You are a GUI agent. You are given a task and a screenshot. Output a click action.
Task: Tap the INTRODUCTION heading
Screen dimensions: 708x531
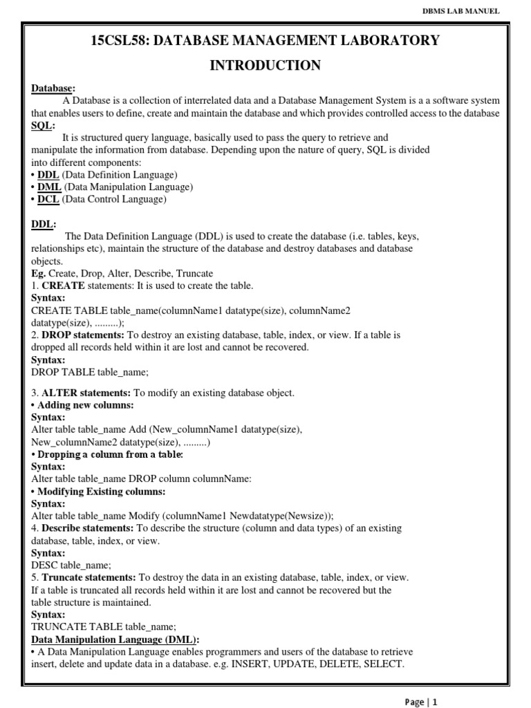(265, 66)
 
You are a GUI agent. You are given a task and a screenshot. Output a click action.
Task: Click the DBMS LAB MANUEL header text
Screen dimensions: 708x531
(462, 10)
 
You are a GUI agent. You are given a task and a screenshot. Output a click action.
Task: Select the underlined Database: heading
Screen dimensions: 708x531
(53, 88)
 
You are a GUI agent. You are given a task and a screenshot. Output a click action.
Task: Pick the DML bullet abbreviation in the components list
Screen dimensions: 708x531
(49, 187)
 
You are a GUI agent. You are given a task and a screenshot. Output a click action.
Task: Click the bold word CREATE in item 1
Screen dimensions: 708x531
(63, 286)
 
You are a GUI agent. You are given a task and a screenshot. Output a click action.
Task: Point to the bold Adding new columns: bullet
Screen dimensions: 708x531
(85, 405)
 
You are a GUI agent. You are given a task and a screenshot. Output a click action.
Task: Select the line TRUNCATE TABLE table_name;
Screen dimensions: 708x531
(99, 626)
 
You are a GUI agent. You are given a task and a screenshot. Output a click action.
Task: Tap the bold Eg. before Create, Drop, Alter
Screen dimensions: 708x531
(39, 273)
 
